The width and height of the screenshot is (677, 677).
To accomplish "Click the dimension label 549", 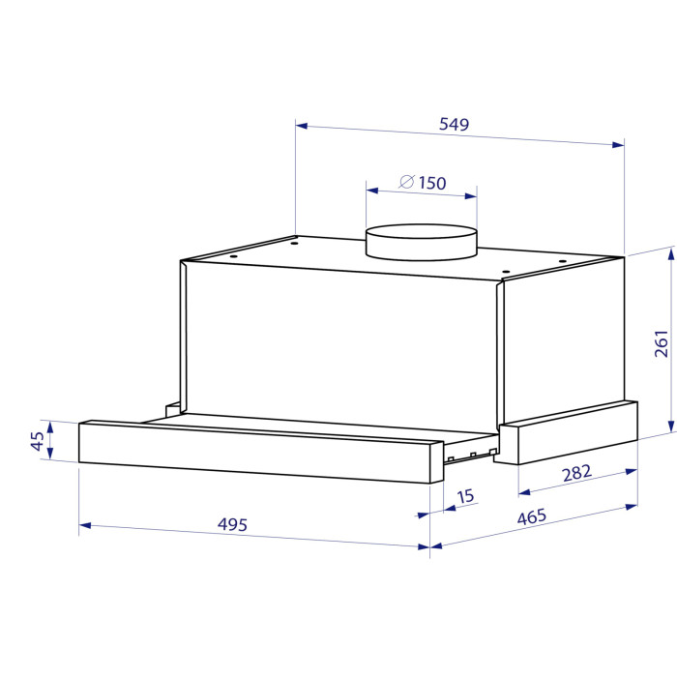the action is pos(454,125).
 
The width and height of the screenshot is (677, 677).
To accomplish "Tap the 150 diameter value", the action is pos(432,183).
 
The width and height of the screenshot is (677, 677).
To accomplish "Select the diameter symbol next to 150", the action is pos(407,182).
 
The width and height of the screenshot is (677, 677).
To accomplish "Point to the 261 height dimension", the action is pos(661,343).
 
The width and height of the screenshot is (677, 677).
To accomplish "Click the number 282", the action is pos(576,473).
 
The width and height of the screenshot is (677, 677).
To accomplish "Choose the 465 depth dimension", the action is pos(532,516).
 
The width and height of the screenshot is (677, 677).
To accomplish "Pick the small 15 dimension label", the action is pos(465,496).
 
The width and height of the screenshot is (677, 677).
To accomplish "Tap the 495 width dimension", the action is pos(232,524).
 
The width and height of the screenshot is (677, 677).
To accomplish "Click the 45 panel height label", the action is pos(38,441).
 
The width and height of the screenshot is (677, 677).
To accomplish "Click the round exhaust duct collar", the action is pos(422,242).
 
